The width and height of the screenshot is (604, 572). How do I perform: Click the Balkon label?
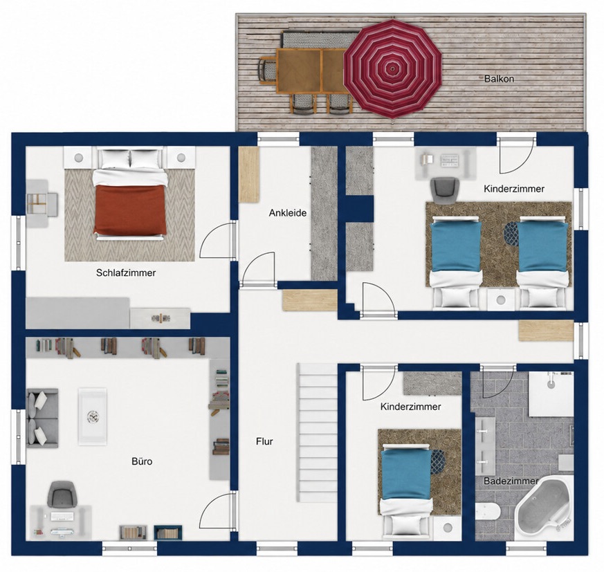tap(499, 79)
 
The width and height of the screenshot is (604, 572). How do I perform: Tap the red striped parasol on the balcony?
tap(392, 68)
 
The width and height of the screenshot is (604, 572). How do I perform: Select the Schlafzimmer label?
tap(126, 273)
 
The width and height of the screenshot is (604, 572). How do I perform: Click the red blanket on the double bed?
tap(129, 210)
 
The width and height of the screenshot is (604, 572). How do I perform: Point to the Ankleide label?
tap(288, 212)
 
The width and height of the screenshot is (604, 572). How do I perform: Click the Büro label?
tap(142, 461)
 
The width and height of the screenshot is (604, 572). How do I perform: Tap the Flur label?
tap(264, 441)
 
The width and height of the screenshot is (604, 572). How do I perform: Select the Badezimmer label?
tap(511, 481)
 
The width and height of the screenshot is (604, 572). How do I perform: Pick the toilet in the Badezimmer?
tap(488, 512)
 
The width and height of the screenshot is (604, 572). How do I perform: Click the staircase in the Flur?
tap(317, 432)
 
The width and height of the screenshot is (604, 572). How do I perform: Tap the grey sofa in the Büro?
tap(42, 418)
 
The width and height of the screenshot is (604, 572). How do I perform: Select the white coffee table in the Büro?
tap(93, 417)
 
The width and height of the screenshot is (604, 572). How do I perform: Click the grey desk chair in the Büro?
tap(62, 494)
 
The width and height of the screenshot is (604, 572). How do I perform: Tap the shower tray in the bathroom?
tap(551, 394)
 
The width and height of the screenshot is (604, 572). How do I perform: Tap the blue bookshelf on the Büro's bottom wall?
tap(168, 533)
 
